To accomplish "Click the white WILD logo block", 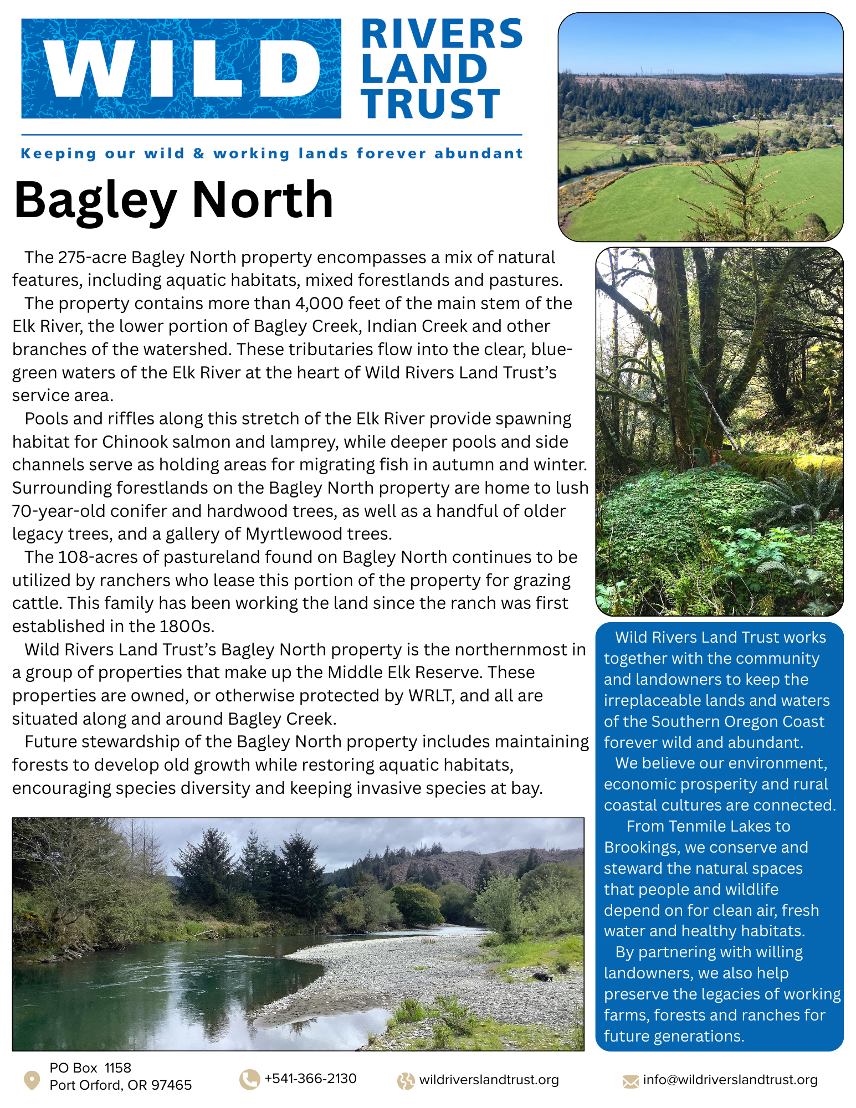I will [181, 69].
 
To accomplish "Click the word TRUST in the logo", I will [431, 104].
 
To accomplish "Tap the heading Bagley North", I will [173, 200].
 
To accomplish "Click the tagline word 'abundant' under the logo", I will [479, 153].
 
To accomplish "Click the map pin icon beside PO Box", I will [32, 1080].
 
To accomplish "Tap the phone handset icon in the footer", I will [249, 1079].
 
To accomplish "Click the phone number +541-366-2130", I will [311, 1079].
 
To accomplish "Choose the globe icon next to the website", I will [406, 1081].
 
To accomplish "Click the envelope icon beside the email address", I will [631, 1081].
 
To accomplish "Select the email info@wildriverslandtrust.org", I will [730, 1080].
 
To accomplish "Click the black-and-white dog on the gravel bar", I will [542, 977].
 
